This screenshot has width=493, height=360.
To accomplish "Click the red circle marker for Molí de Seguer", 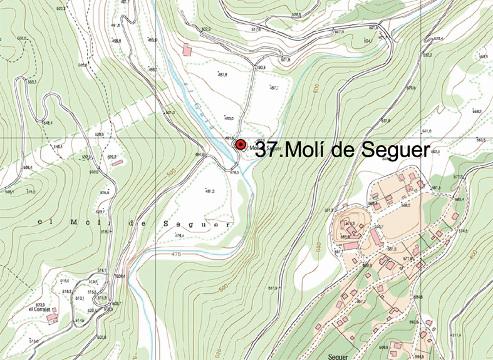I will pyautogui.click(x=240, y=145).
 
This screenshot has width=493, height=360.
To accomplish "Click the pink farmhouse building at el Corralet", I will pyautogui.click(x=54, y=317).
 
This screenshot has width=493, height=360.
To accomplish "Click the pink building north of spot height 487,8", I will pyautogui.click(x=185, y=49).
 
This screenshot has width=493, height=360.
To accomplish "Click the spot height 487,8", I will pyautogui.click(x=222, y=75).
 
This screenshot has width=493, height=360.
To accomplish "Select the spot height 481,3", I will pyautogui.click(x=210, y=191).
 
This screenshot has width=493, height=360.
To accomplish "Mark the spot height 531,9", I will pyautogui.click(x=386, y=121).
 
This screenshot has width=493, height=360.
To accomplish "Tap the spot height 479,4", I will pyautogui.click(x=179, y=235).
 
